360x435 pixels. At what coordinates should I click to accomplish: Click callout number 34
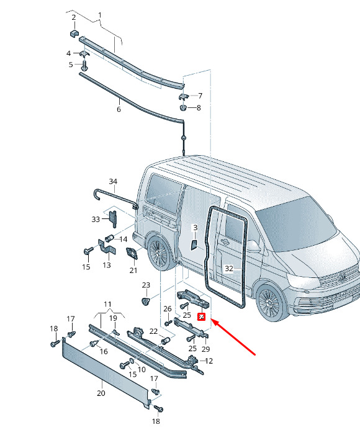click(113, 181)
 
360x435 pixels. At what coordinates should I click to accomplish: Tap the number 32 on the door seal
click(229, 268)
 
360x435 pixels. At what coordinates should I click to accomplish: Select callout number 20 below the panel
click(101, 393)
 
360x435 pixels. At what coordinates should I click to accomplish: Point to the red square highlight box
click(202, 316)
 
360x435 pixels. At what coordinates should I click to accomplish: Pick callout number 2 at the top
click(74, 17)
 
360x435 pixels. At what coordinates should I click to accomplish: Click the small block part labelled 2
click(74, 34)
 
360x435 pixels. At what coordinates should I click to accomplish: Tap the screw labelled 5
click(84, 66)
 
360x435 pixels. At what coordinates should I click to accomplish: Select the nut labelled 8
click(182, 107)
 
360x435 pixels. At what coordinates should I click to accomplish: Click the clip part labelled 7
click(183, 97)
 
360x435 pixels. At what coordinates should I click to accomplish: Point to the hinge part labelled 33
click(114, 219)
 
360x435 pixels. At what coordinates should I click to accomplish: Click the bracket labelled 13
click(107, 248)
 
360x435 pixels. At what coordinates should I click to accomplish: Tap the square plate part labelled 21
click(132, 254)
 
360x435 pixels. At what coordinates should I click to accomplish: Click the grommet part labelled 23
click(145, 301)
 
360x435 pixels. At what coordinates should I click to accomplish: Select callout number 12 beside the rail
click(209, 361)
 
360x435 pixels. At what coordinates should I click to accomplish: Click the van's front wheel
click(269, 302)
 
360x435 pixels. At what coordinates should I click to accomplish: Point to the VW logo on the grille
click(342, 277)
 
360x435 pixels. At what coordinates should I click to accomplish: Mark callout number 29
click(205, 349)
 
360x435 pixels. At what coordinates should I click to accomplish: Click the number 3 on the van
click(195, 228)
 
